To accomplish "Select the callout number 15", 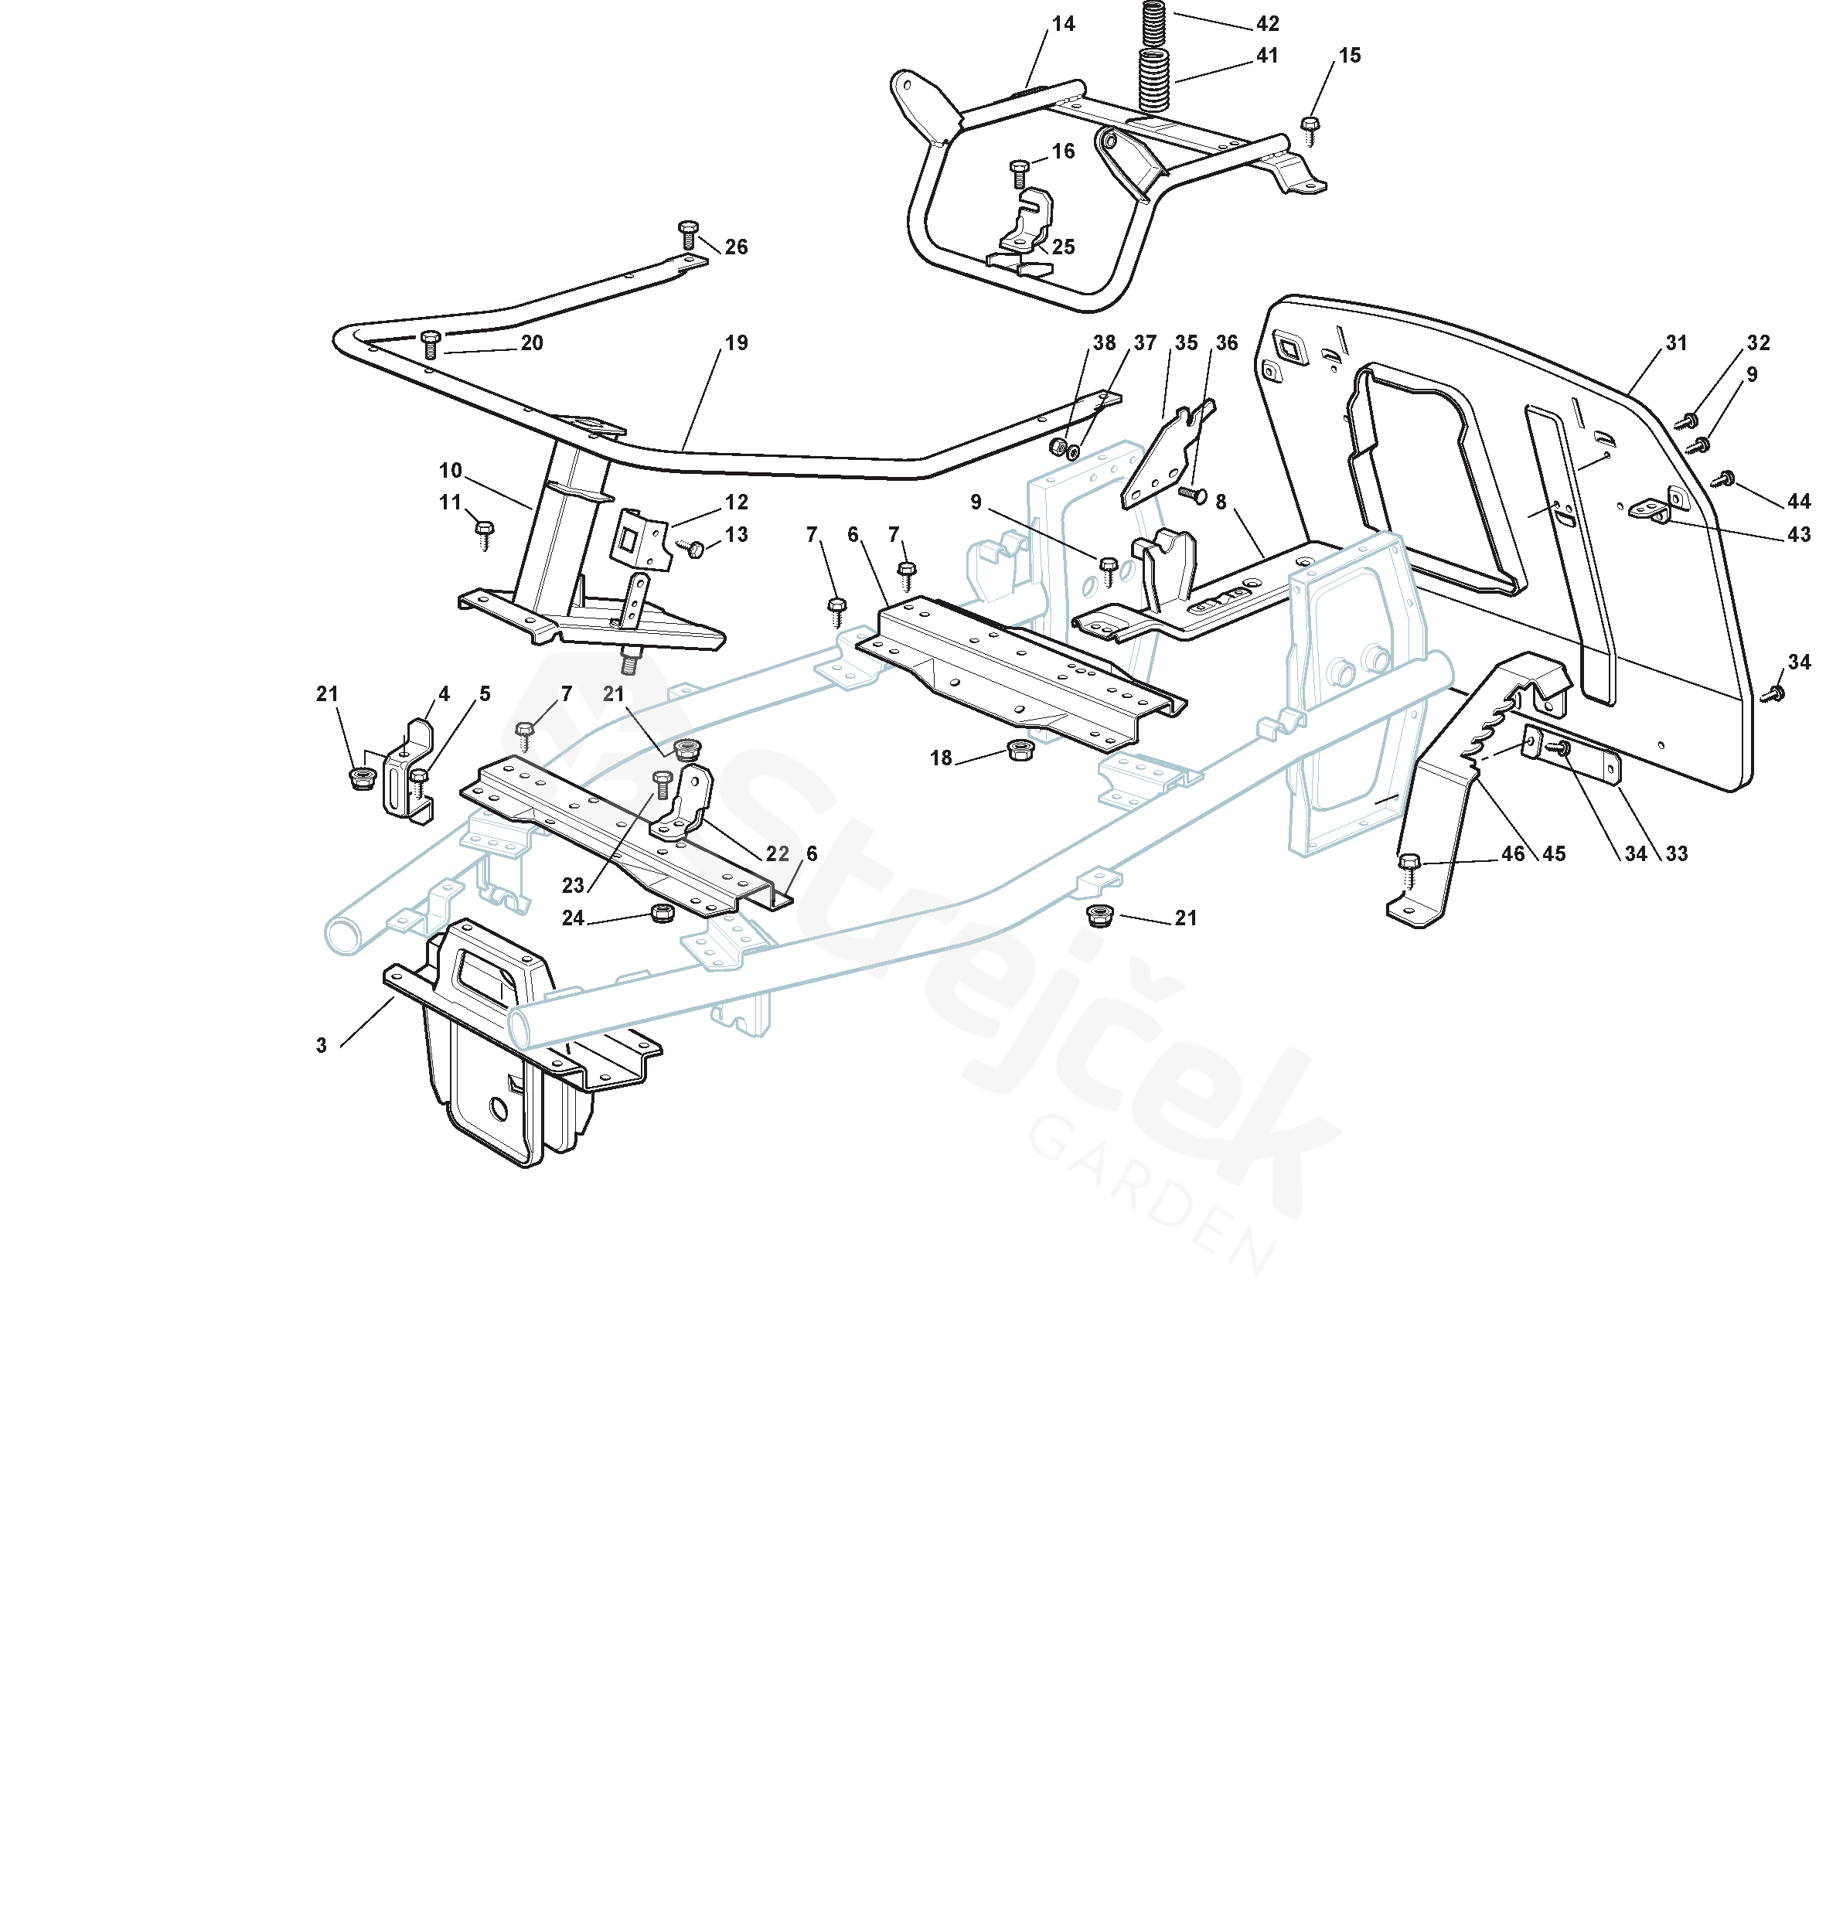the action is pos(1350,56).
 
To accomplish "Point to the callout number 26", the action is pos(736,247).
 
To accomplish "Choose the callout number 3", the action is pos(322,1046).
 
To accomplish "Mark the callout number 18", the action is pos(940,758).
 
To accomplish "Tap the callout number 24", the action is pos(573,918).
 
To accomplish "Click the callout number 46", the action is pos(1513,854).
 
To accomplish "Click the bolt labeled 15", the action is pos(1310,128).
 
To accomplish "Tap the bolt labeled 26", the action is pos(688,233).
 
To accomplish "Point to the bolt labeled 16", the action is pos(1019,174).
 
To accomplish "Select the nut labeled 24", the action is pos(663,914).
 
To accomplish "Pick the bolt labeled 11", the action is pos(483,534).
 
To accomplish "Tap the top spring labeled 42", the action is pos(1154,22).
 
